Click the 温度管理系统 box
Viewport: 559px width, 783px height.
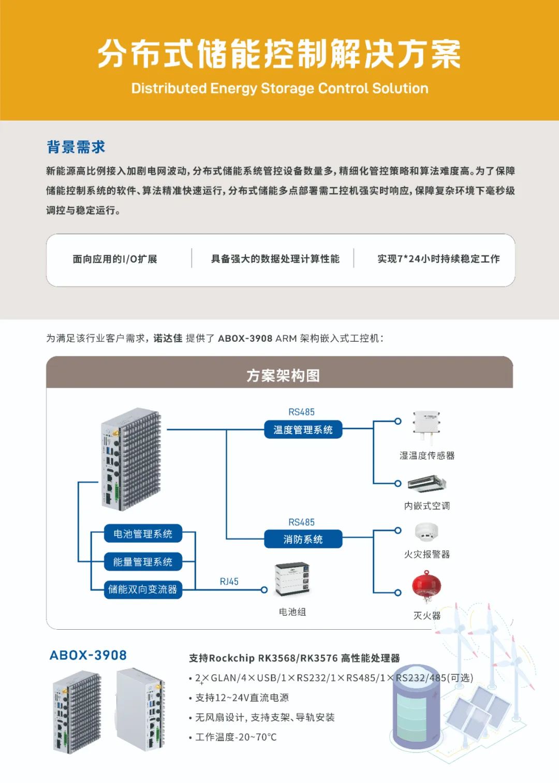tap(303, 430)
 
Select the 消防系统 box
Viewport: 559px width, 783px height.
tap(303, 539)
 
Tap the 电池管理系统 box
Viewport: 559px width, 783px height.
tap(143, 534)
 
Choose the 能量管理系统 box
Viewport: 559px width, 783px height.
tap(143, 562)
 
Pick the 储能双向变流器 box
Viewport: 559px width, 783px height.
tap(143, 589)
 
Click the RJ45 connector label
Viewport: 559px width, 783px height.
tap(229, 582)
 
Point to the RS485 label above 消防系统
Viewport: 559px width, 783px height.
tap(301, 522)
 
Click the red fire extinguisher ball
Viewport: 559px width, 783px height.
tap(426, 586)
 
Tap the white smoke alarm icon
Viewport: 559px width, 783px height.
tap(426, 531)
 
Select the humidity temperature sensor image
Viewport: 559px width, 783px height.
tap(426, 426)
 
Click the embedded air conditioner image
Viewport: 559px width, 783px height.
tap(426, 484)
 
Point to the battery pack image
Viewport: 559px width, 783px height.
tap(292, 578)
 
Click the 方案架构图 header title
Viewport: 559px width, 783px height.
tap(283, 375)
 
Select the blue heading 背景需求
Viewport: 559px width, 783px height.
tap(76, 147)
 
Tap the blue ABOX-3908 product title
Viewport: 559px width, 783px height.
tap(88, 655)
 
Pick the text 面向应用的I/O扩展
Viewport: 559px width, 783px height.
tap(115, 259)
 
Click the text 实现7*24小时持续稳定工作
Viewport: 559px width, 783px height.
tap(438, 259)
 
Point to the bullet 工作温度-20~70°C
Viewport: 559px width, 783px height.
tap(236, 737)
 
